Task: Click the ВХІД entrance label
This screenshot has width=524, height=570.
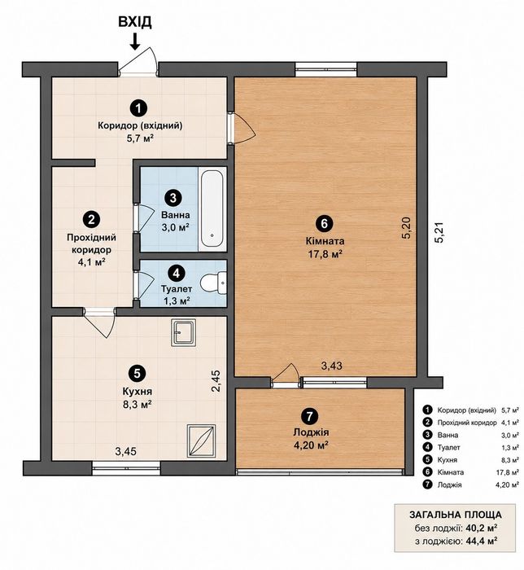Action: point(135,22)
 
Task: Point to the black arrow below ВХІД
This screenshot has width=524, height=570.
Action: point(135,42)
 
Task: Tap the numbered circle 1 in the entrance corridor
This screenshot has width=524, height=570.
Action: point(140,107)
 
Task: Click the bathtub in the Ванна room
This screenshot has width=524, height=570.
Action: point(212,209)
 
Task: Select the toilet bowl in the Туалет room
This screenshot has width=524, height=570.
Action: point(212,283)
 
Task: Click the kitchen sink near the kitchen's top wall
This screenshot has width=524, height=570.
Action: point(184,332)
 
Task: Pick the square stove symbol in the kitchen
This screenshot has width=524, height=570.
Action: point(201,441)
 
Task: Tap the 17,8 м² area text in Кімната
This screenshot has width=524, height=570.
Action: point(325,254)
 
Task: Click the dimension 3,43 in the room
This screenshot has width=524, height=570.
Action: point(332,366)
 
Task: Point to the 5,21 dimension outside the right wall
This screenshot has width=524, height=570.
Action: point(439,233)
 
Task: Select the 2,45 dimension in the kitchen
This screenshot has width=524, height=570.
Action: point(216,380)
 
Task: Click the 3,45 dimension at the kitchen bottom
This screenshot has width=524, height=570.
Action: point(125,451)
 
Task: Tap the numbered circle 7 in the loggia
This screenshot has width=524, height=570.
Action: point(309,417)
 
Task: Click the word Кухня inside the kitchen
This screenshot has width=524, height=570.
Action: point(138,392)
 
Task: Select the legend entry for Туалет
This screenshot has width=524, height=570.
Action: point(470,448)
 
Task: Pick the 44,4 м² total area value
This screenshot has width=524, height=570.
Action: point(482,541)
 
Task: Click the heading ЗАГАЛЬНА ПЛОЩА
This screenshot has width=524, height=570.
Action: point(456,515)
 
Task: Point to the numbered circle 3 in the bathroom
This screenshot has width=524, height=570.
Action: point(172,198)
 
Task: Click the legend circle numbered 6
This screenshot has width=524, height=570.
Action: point(427,471)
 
